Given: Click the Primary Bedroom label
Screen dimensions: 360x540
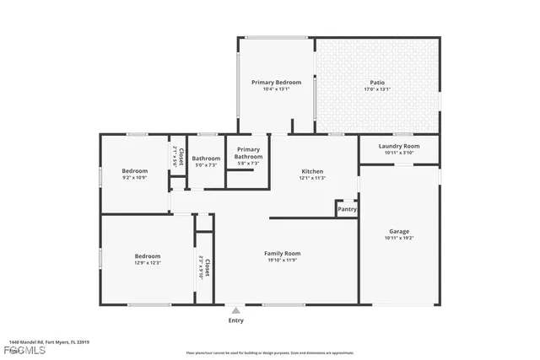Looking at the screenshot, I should pyautogui.click(x=276, y=82).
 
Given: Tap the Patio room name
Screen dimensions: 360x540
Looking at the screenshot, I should pyautogui.click(x=377, y=82).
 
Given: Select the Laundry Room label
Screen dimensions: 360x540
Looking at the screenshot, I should pyautogui.click(x=398, y=146).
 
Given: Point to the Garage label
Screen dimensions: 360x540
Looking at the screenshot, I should pyautogui.click(x=399, y=231).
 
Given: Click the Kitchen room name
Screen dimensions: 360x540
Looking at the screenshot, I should pyautogui.click(x=311, y=171).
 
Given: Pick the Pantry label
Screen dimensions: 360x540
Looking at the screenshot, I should pyautogui.click(x=347, y=209).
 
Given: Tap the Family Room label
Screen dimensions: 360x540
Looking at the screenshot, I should pyautogui.click(x=282, y=253).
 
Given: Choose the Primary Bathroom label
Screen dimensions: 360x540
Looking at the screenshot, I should pyautogui.click(x=248, y=153).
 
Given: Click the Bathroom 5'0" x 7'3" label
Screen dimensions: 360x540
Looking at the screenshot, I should pyautogui.click(x=205, y=159).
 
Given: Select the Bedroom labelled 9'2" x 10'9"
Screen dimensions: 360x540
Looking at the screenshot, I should pyautogui.click(x=135, y=171).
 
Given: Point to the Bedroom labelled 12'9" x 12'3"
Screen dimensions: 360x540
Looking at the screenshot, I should pyautogui.click(x=148, y=256).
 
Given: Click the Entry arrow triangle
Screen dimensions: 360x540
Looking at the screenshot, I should pyautogui.click(x=235, y=310).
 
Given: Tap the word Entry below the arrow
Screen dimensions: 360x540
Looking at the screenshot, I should pyautogui.click(x=235, y=320).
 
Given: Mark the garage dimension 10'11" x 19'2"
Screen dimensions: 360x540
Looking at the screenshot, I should pyautogui.click(x=399, y=238).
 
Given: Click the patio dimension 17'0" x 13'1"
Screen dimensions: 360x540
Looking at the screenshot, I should pyautogui.click(x=377, y=89).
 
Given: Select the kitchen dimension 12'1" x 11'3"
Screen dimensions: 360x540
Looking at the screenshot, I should pyautogui.click(x=311, y=178).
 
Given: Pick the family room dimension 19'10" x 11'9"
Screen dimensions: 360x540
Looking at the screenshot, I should pyautogui.click(x=282, y=261).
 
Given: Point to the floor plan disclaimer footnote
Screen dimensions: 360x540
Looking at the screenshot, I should pyautogui.click(x=270, y=353).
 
